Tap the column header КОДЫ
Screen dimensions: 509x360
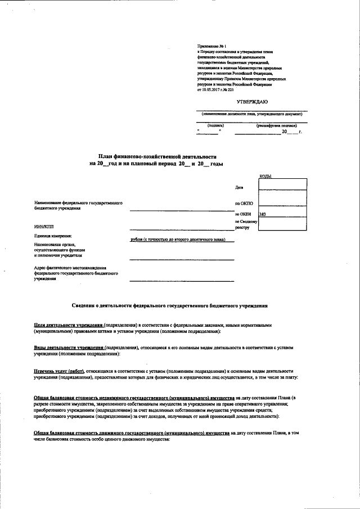[265, 176]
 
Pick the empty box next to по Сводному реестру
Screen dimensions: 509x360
[282, 224]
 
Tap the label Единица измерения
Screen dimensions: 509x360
[53, 236]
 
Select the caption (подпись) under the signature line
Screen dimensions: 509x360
[215, 125]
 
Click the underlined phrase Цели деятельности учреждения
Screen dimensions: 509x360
[68, 325]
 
